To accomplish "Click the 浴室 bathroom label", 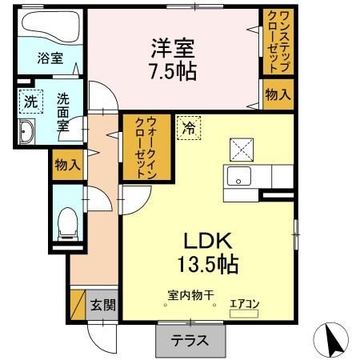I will [x=50, y=57].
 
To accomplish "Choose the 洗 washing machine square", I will [x=29, y=102].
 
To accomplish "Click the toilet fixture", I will [x=66, y=221].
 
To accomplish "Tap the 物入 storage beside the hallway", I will [x=67, y=166].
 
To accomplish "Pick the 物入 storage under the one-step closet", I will [x=277, y=95].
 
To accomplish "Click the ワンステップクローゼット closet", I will [x=277, y=41].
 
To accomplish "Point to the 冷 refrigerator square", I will [x=190, y=126].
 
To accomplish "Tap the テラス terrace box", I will [x=190, y=339].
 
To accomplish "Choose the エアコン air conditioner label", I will [x=243, y=303].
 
